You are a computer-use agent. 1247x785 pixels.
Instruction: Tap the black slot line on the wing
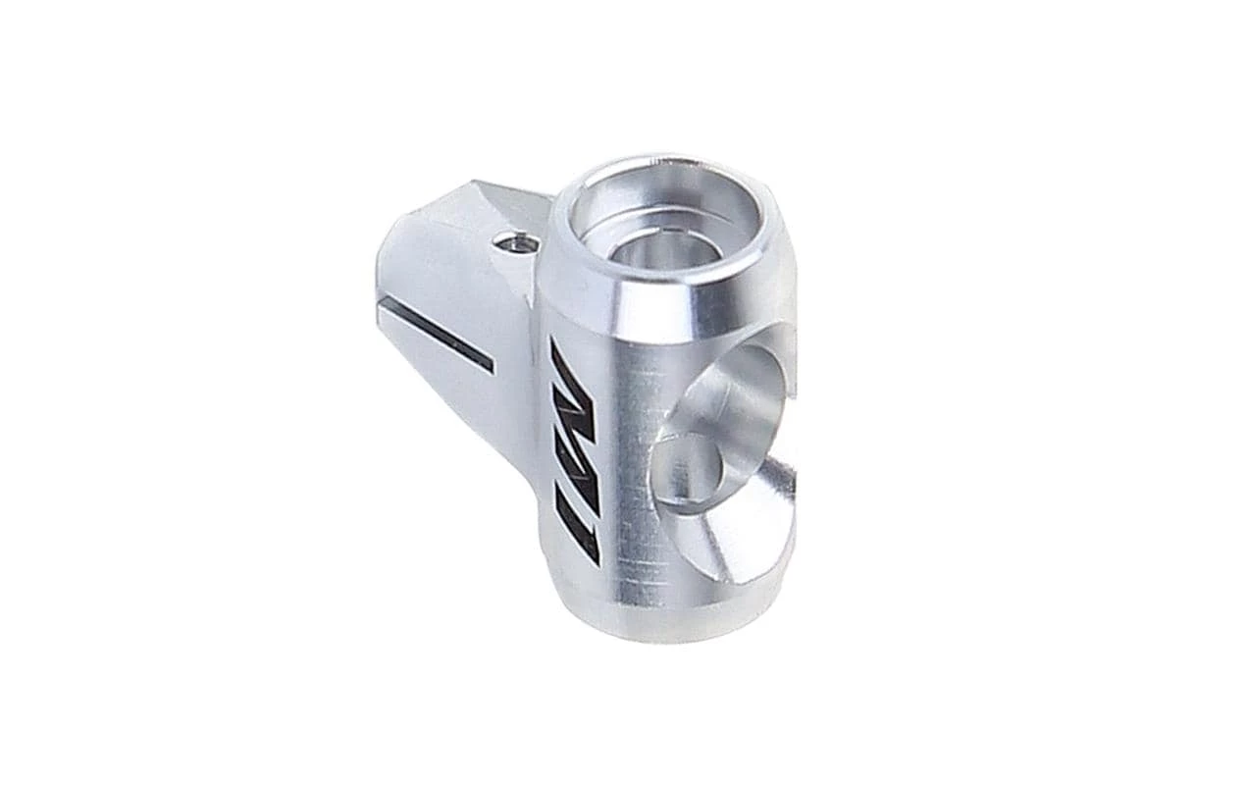tap(437, 334)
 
